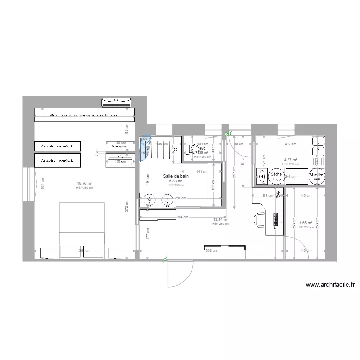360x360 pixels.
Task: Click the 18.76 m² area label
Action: (x=84, y=183)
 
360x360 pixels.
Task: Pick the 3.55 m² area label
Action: (x=305, y=223)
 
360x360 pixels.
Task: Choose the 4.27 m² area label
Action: (x=290, y=160)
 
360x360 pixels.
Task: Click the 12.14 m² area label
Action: (x=220, y=220)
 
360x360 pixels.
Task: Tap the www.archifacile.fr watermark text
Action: (x=330, y=285)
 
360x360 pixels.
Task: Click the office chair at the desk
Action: (x=258, y=219)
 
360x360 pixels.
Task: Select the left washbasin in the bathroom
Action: (x=149, y=199)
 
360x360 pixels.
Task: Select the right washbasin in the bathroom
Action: (x=168, y=199)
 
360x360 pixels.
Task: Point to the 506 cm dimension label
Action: (x=212, y=250)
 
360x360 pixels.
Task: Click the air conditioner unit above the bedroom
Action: (x=116, y=101)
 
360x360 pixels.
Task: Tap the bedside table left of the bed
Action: (x=47, y=253)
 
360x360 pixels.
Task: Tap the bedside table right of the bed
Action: (x=115, y=253)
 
